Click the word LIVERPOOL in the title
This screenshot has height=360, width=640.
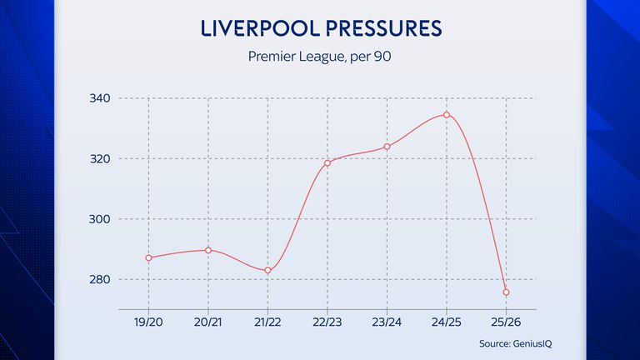pyautogui.click(x=257, y=27)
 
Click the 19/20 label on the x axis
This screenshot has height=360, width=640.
pyautogui.click(x=148, y=321)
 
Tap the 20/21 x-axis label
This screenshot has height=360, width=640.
pyautogui.click(x=208, y=321)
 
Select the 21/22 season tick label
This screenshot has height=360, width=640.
pyautogui.click(x=267, y=321)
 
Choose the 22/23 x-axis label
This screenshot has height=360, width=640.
pyautogui.click(x=327, y=321)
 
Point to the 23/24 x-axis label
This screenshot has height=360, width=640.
pyautogui.click(x=387, y=321)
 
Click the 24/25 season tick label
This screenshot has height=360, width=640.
pyautogui.click(x=447, y=321)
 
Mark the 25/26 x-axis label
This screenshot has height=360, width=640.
pyautogui.click(x=506, y=321)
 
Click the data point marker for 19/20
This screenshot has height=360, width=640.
pyautogui.click(x=148, y=257)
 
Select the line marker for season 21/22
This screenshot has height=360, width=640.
pyautogui.click(x=267, y=270)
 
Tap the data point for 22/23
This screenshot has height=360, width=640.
pyautogui.click(x=327, y=162)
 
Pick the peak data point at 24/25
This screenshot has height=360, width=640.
pyautogui.click(x=447, y=115)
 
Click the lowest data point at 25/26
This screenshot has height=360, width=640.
pyautogui.click(x=506, y=292)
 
